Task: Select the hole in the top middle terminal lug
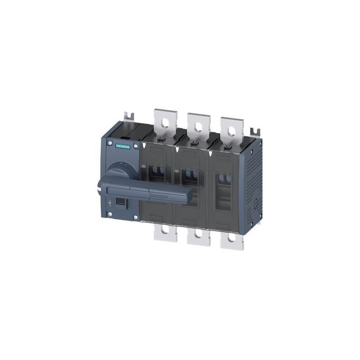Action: [196, 127]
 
